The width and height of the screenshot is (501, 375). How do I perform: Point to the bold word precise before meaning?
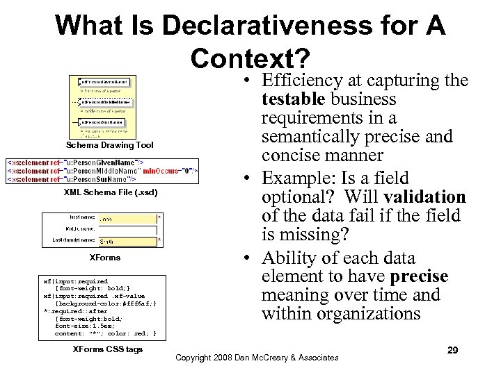pos(419,276)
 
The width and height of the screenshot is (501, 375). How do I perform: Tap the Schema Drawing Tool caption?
pos(110,145)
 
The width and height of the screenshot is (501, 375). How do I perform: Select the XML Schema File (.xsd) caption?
pos(111,192)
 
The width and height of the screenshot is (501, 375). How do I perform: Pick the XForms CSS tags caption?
pos(108,349)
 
